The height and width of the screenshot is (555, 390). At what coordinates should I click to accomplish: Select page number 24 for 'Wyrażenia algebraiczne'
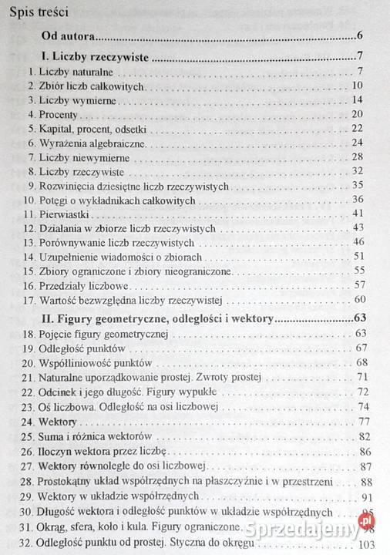(356, 143)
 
